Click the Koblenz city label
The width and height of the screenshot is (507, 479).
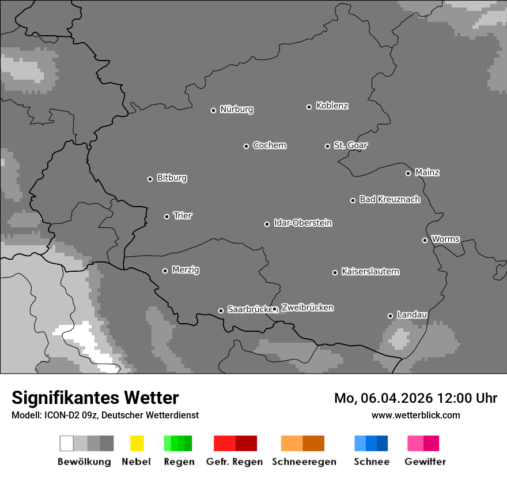tap(332, 106)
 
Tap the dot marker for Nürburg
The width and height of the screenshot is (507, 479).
tap(213, 110)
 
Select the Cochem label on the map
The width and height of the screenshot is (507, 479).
tap(270, 145)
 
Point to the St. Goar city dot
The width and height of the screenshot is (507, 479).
tap(327, 146)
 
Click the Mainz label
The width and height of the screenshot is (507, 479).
tap(427, 173)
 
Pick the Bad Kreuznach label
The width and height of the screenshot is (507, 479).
tap(389, 200)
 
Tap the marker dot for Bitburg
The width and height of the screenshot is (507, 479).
tap(150, 179)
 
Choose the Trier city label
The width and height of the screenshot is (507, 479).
tap(183, 216)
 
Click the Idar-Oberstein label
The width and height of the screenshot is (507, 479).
tap(303, 223)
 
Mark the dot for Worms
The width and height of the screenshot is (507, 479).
tap(425, 240)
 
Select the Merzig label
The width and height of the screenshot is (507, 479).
tap(186, 270)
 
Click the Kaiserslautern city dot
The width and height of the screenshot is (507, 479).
tap(335, 272)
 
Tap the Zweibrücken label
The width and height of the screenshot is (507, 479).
tap(307, 308)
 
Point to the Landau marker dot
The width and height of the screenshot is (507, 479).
tap(390, 316)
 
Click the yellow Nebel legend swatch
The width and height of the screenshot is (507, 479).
tap(137, 443)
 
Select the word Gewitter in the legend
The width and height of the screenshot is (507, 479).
tap(425, 462)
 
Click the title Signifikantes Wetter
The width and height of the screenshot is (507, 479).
tap(95, 398)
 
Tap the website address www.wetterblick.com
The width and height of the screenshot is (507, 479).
tap(415, 415)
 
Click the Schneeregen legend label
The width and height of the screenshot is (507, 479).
tap(304, 462)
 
